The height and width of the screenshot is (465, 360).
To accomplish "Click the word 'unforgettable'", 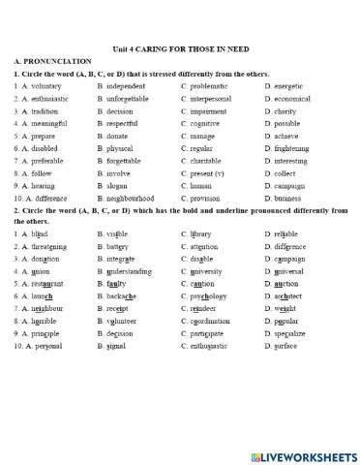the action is (x=129, y=98).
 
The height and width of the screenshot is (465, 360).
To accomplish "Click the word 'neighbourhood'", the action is (x=131, y=198).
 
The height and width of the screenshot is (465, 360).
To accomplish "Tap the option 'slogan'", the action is (x=119, y=185).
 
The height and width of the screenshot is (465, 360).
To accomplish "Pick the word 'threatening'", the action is (x=51, y=247).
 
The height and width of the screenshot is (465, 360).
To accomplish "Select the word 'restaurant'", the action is (x=50, y=285).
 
